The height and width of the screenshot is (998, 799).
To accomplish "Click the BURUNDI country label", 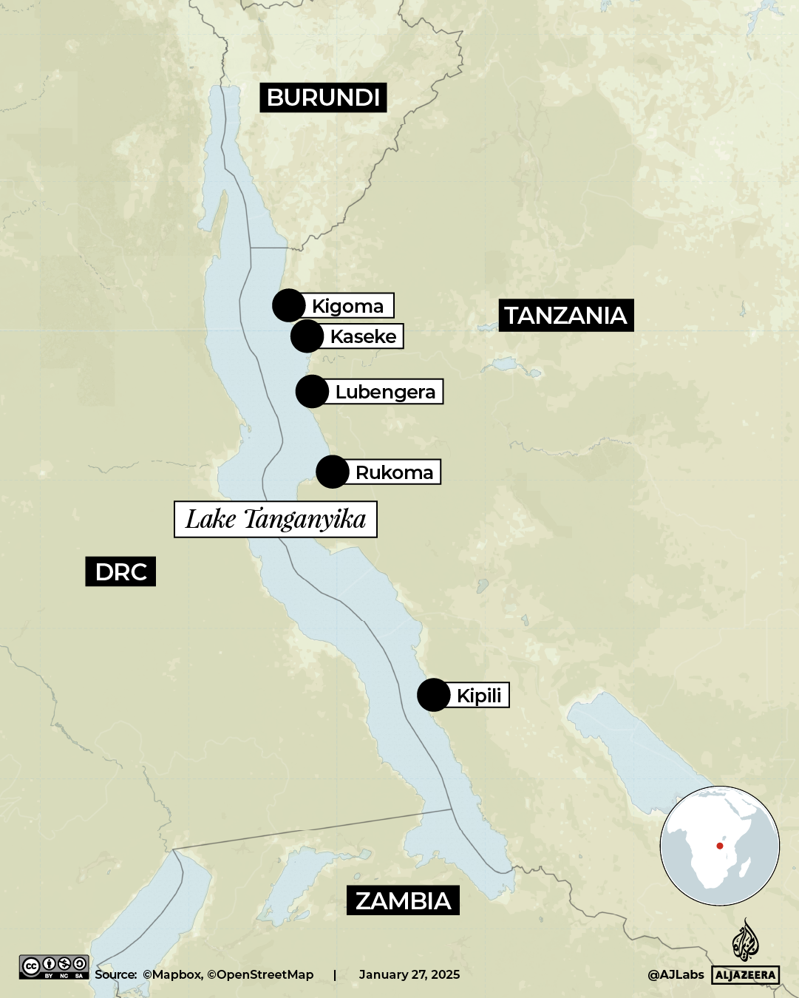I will (323, 98).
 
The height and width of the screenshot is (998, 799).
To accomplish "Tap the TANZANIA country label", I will (565, 316).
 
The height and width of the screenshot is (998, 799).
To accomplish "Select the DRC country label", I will (120, 571).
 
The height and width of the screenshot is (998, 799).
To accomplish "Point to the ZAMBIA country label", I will (403, 900).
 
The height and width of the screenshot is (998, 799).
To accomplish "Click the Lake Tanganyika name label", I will (275, 519).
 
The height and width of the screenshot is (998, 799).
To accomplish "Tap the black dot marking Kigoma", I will (288, 305).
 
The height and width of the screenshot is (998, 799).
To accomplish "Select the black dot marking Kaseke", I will (307, 336).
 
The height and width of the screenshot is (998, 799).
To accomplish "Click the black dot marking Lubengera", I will (312, 391).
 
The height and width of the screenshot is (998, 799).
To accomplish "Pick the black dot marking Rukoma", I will (332, 472).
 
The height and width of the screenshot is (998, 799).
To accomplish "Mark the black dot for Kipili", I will (433, 695).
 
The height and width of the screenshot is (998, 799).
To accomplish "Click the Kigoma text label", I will (348, 306).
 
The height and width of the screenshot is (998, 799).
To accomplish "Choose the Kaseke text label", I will (363, 336).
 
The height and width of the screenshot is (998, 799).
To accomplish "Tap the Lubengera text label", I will (385, 392).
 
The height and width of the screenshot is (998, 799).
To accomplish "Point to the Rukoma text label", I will (394, 472).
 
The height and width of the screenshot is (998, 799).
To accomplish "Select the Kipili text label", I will (479, 696).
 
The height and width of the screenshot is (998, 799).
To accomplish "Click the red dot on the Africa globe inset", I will (719, 846).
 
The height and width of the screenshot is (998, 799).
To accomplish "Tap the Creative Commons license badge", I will (54, 967).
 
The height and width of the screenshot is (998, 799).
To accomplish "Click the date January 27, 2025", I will (409, 974).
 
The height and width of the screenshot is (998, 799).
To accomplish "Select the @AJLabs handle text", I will (676, 974).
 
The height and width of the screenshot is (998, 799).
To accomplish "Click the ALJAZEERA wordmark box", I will (745, 975).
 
